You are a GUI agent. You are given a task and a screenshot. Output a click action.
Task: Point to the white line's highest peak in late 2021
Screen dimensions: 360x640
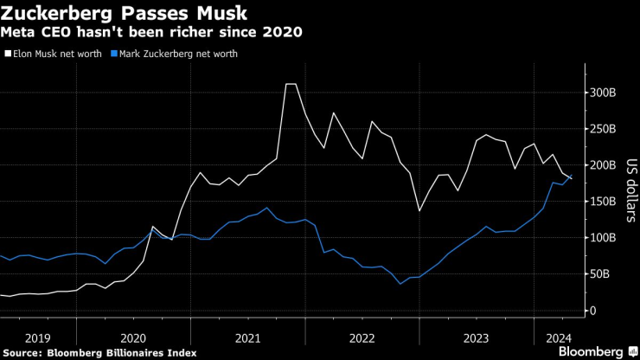(x=291, y=85)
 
